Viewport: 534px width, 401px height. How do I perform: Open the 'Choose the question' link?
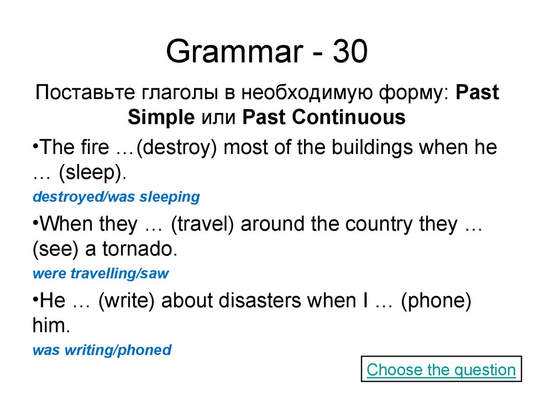tap(441, 370)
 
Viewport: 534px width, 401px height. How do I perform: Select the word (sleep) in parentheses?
tap(92, 173)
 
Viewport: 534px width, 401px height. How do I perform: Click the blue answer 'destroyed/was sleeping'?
tap(116, 197)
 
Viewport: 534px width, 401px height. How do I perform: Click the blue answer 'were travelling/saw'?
tap(101, 274)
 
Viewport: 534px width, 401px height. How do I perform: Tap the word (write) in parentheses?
tap(128, 302)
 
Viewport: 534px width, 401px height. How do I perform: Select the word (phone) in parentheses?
tap(436, 302)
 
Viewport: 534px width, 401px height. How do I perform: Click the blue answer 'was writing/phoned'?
tap(102, 350)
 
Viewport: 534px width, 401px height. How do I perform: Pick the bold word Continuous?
tap(349, 117)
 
